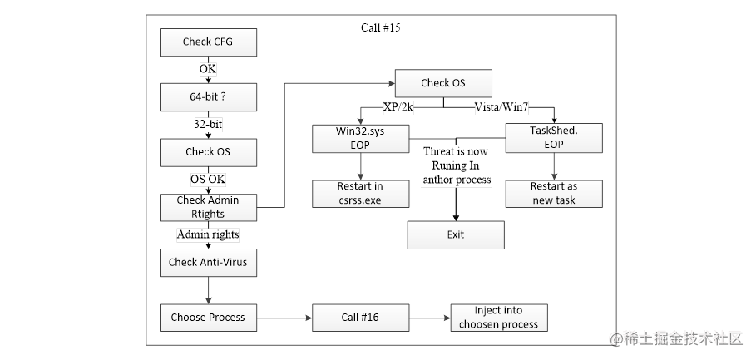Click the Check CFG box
point(208,42)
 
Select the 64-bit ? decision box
point(208,96)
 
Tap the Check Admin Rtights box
point(208,207)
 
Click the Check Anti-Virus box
point(208,262)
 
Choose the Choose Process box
point(208,317)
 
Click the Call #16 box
point(361,317)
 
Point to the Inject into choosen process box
point(499,317)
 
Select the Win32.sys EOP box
point(361,138)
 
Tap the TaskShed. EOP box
point(554,138)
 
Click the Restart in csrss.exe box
point(361,193)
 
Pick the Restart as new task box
point(554,193)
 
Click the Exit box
point(455,234)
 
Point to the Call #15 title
point(382,27)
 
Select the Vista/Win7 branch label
point(502,107)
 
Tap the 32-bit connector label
point(208,124)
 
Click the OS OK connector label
point(208,179)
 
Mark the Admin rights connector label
point(208,234)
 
